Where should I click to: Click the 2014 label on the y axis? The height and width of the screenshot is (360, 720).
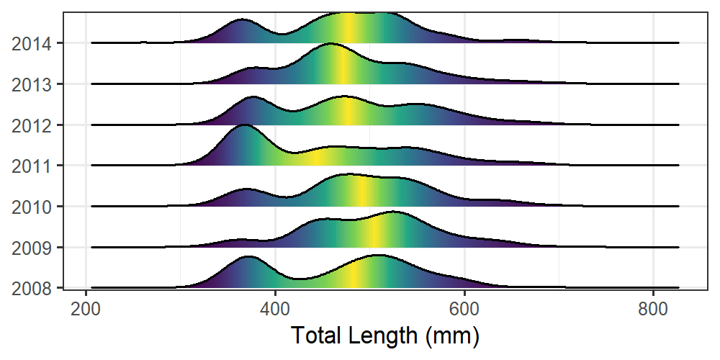tap(31, 44)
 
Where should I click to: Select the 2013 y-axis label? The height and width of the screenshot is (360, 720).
tap(31, 84)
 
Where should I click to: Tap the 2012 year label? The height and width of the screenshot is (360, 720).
tap(31, 125)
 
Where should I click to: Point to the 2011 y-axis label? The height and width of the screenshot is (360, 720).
tap(31, 166)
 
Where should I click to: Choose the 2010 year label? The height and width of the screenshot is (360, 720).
tap(31, 207)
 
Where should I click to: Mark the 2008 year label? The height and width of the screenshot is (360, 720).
tap(31, 288)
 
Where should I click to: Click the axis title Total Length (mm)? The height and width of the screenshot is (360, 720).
tap(384, 335)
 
